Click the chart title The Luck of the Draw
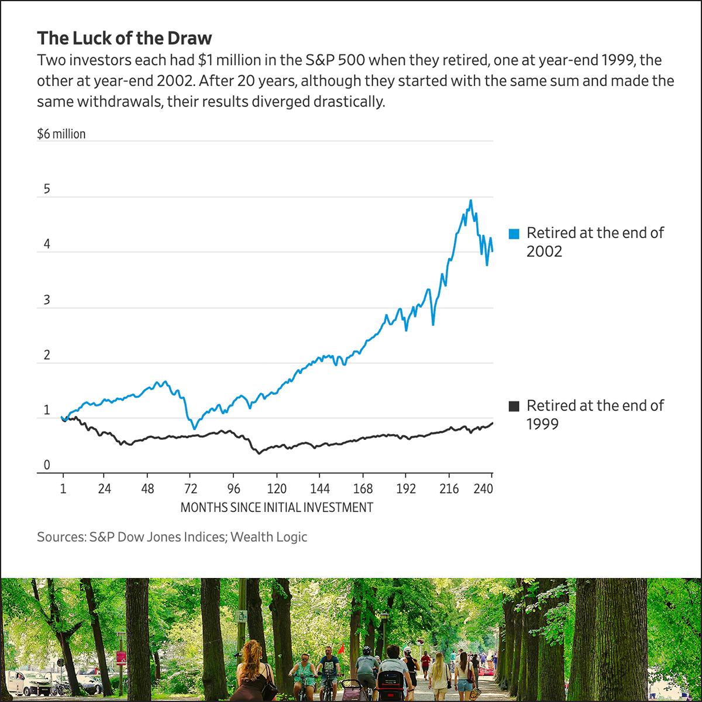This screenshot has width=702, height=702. coord(124,39)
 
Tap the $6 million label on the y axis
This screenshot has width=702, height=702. coord(61,134)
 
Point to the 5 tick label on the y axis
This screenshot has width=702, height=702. coord(47,190)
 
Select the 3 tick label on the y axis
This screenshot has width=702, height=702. coord(47,301)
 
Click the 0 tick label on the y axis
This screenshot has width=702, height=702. coord(47,466)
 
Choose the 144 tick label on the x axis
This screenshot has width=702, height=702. coord(320,489)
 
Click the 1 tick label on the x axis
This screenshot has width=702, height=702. coord(63,489)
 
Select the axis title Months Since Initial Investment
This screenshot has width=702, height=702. coord(276,507)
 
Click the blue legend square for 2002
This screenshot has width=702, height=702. coord(514,234)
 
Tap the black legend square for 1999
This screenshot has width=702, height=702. coord(514,407)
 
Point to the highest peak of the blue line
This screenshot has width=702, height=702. coord(470,201)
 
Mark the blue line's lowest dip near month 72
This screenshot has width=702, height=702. coord(194,428)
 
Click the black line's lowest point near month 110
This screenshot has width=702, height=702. coord(259,453)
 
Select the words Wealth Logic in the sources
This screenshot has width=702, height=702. coord(269,537)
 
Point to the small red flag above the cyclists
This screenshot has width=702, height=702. coord(340,648)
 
